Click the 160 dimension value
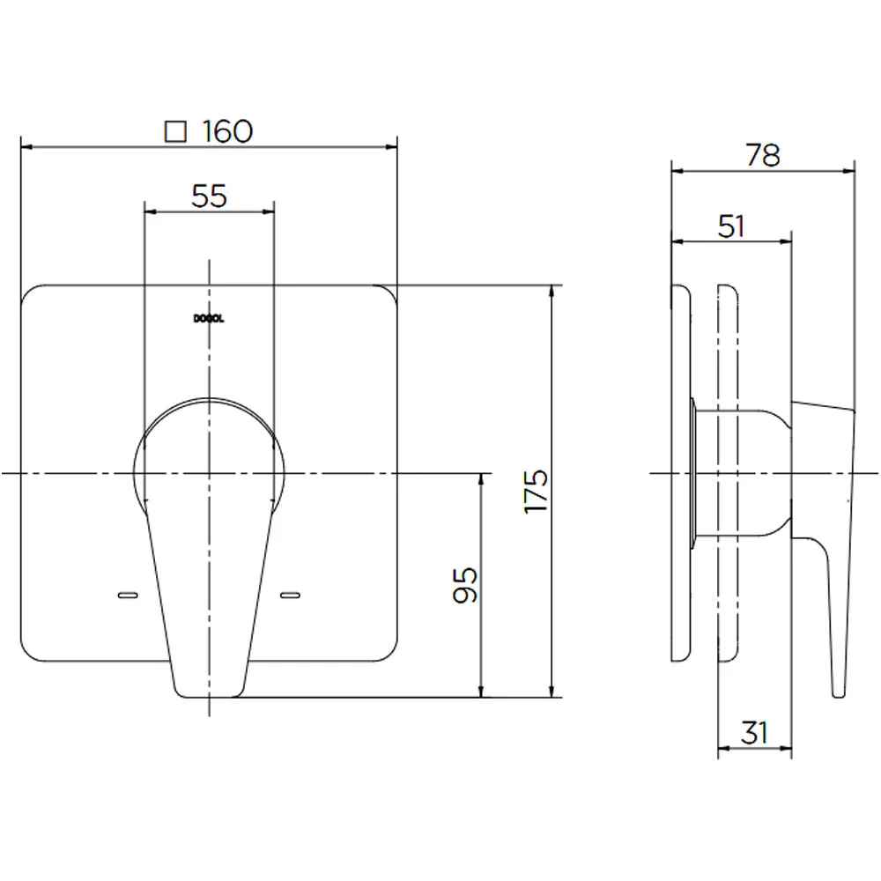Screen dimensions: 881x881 point(227,131)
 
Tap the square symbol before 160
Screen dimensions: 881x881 point(177,131)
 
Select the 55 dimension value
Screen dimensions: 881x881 point(209,196)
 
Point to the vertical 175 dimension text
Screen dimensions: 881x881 point(536,491)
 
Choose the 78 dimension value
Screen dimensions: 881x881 point(763,155)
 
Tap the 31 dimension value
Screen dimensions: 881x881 point(754,732)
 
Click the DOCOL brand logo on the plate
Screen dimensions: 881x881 point(209,320)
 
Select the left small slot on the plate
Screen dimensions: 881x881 point(128,597)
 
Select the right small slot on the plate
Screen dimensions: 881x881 point(291,597)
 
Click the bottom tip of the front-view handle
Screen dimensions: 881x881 point(209,694)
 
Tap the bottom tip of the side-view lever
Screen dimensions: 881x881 point(838,694)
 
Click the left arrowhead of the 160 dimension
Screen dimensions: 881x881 point(25,146)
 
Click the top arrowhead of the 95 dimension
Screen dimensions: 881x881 point(482,478)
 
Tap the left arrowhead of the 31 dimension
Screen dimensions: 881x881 point(723,750)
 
